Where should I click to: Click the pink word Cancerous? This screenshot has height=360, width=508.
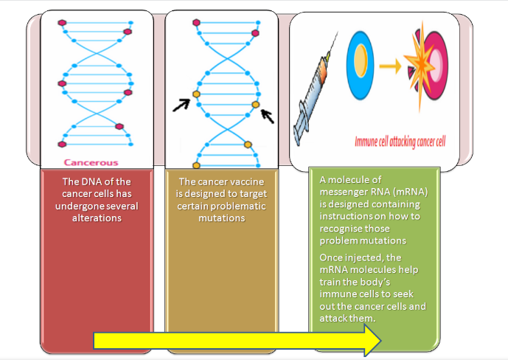click(x=91, y=162)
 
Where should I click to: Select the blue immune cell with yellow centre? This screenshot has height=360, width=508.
click(x=360, y=66)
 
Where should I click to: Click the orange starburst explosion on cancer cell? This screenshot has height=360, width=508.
click(x=420, y=65)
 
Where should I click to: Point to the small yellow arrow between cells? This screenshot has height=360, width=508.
click(x=390, y=66)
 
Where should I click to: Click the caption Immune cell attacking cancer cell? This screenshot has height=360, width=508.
click(x=400, y=142)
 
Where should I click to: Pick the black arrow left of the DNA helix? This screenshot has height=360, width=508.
click(x=181, y=105)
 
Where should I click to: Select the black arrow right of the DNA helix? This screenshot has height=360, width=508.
click(x=268, y=116)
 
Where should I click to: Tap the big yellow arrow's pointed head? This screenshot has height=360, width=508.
click(x=372, y=341)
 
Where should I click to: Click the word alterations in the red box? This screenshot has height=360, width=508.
click(x=97, y=218)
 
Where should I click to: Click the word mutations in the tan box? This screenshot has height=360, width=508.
click(x=222, y=218)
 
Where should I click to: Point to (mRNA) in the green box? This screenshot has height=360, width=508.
click(x=410, y=192)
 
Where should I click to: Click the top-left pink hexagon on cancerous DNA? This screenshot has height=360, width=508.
click(x=62, y=23)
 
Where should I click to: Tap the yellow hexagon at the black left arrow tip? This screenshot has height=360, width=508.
click(x=196, y=94)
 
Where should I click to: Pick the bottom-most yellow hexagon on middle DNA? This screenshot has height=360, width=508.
click(x=196, y=165)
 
